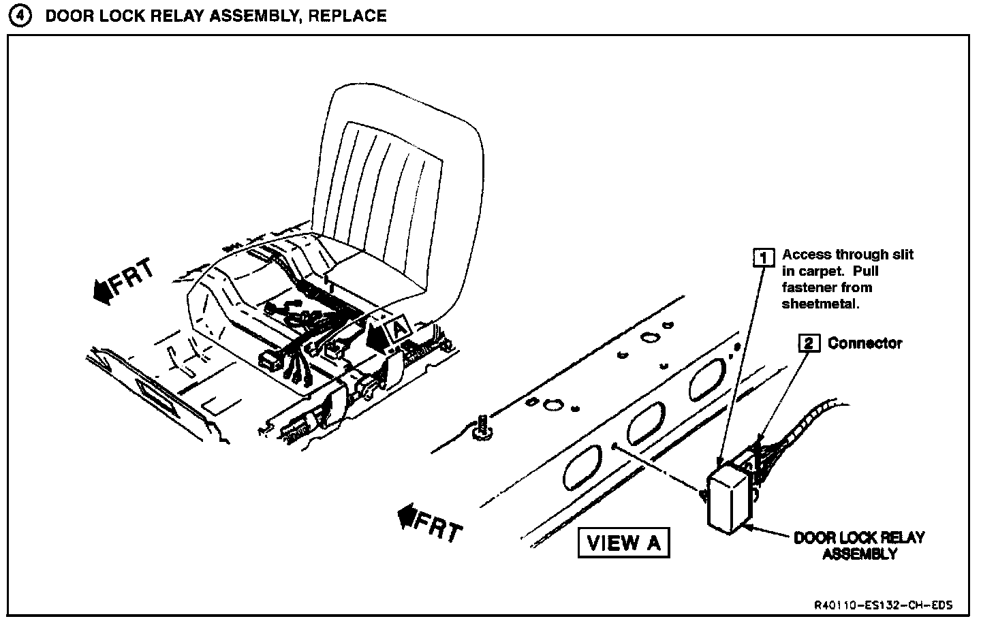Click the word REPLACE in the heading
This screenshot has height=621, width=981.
pyautogui.click(x=347, y=16)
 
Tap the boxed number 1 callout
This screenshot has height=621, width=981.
pyautogui.click(x=764, y=257)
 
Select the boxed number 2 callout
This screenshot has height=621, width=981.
pyautogui.click(x=809, y=343)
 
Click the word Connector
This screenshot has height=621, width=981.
pyautogui.click(x=865, y=343)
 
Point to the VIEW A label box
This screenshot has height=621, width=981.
pyautogui.click(x=623, y=543)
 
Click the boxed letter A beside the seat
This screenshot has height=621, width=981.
pyautogui.click(x=399, y=328)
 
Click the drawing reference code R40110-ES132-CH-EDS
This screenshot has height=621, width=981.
pyautogui.click(x=882, y=605)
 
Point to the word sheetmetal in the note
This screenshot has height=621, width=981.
pyautogui.click(x=820, y=304)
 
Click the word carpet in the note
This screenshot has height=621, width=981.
pyautogui.click(x=820, y=271)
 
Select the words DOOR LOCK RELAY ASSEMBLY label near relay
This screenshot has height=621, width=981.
pyautogui.click(x=859, y=545)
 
